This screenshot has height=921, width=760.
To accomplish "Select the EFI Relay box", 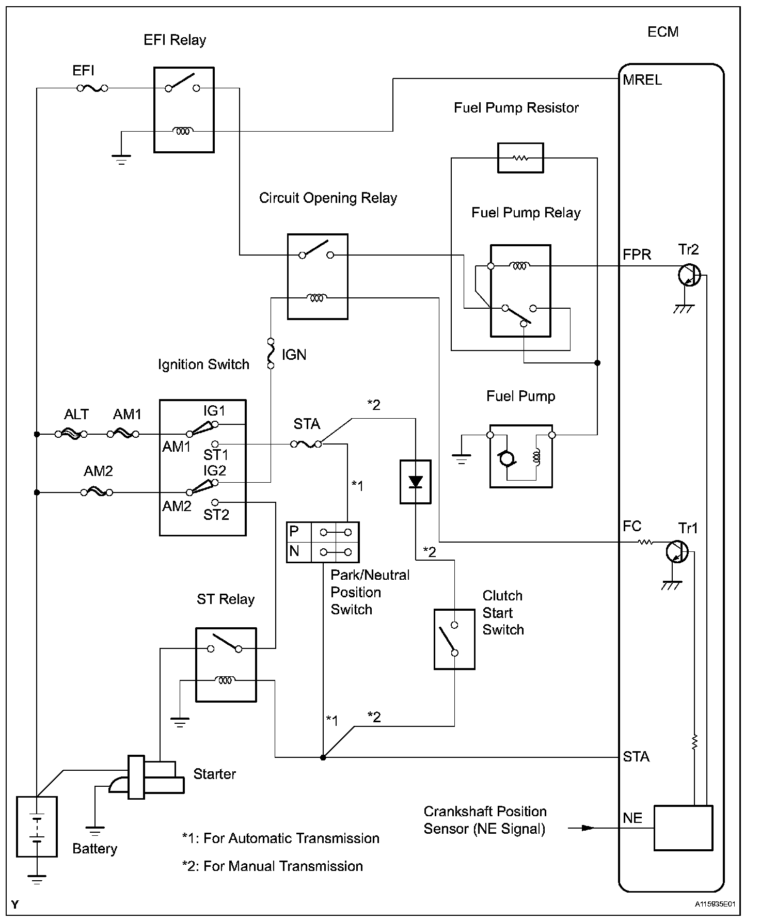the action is point(184,109).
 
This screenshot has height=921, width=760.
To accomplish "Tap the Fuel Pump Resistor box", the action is point(520,158).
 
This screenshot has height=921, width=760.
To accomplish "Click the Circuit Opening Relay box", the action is point(318,277).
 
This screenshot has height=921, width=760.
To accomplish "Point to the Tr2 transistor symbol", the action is point(689,275).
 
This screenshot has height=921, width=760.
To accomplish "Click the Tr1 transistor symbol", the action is point(677,552).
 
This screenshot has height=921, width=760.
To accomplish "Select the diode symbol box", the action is point(415,482).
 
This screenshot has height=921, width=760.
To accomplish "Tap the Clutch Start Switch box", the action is point(454,639).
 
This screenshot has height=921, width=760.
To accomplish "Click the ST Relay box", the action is point(226,664).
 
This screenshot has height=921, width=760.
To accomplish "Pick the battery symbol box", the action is point(37,827).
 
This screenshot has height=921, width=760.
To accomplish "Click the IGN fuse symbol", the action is point(271,354).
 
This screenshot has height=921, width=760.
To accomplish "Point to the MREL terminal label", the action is point(642,80).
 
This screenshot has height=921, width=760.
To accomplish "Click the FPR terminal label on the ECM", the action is point(637,255).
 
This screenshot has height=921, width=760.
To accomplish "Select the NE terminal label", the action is point(632,818).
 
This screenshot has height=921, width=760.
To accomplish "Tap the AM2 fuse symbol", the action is point(97,493).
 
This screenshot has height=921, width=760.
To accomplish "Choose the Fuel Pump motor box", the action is point(521,456).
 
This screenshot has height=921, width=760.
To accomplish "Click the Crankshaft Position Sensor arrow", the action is point(581,828).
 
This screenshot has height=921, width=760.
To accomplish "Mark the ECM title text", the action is point(663,32).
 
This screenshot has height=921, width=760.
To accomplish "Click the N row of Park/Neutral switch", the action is point(323,552).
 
